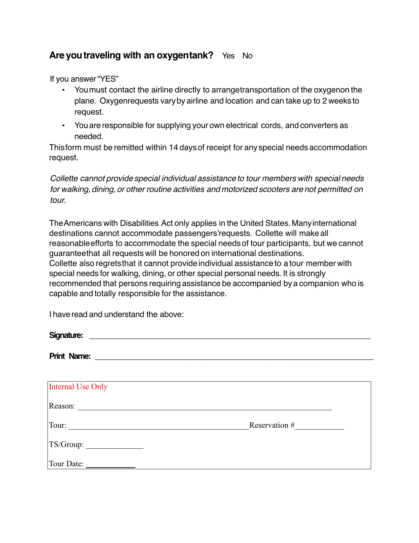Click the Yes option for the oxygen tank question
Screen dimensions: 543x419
tap(228, 56)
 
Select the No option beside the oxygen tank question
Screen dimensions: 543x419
tap(247, 56)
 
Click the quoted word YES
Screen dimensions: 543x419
tap(108, 79)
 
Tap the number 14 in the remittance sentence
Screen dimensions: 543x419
tap(173, 148)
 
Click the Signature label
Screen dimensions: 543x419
tap(66, 335)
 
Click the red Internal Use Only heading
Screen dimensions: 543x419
tap(78, 387)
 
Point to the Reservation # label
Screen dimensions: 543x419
tap(272, 425)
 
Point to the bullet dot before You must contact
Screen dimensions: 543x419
tap(63, 90)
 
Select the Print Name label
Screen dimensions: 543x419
tap(70, 356)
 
